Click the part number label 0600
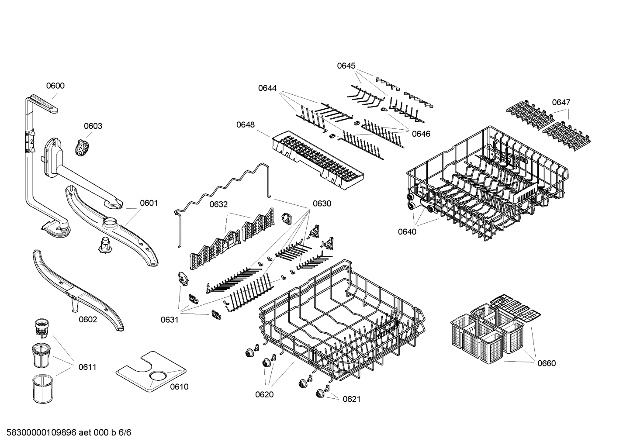coord(55,86)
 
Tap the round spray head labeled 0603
coord(82,148)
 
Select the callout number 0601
coord(149,203)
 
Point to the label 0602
coord(88,320)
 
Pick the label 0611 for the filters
coord(87,367)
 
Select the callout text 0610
coord(179,386)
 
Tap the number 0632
coord(218,204)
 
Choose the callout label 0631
coord(170,320)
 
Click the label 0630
coord(322,204)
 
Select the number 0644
coord(267,88)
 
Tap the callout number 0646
coord(421,134)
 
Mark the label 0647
coord(561,102)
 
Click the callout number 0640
coord(407,232)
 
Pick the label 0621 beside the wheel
coord(352,399)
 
